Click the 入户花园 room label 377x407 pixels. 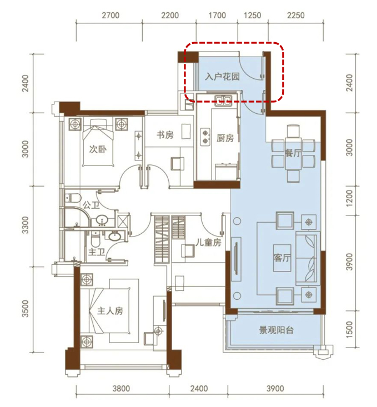(x=222, y=77)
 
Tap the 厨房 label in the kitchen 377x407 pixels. (x=225, y=138)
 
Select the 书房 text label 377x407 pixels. (x=165, y=135)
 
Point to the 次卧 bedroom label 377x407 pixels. (x=98, y=149)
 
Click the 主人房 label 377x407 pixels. (x=110, y=311)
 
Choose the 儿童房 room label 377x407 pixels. (x=208, y=242)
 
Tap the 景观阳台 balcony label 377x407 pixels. (x=277, y=330)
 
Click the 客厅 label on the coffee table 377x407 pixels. (x=282, y=258)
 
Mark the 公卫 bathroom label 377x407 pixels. (x=91, y=205)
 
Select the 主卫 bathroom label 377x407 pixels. (x=96, y=252)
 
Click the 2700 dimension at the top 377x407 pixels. (x=110, y=16)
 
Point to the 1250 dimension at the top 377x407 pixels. (x=253, y=16)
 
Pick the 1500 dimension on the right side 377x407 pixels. (x=350, y=330)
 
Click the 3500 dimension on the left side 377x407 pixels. (x=25, y=309)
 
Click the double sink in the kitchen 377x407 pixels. (x=223, y=100)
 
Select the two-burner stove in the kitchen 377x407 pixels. (x=205, y=137)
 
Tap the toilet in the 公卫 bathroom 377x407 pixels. (x=72, y=198)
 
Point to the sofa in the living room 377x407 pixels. (x=308, y=258)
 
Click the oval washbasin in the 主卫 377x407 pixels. (x=114, y=236)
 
